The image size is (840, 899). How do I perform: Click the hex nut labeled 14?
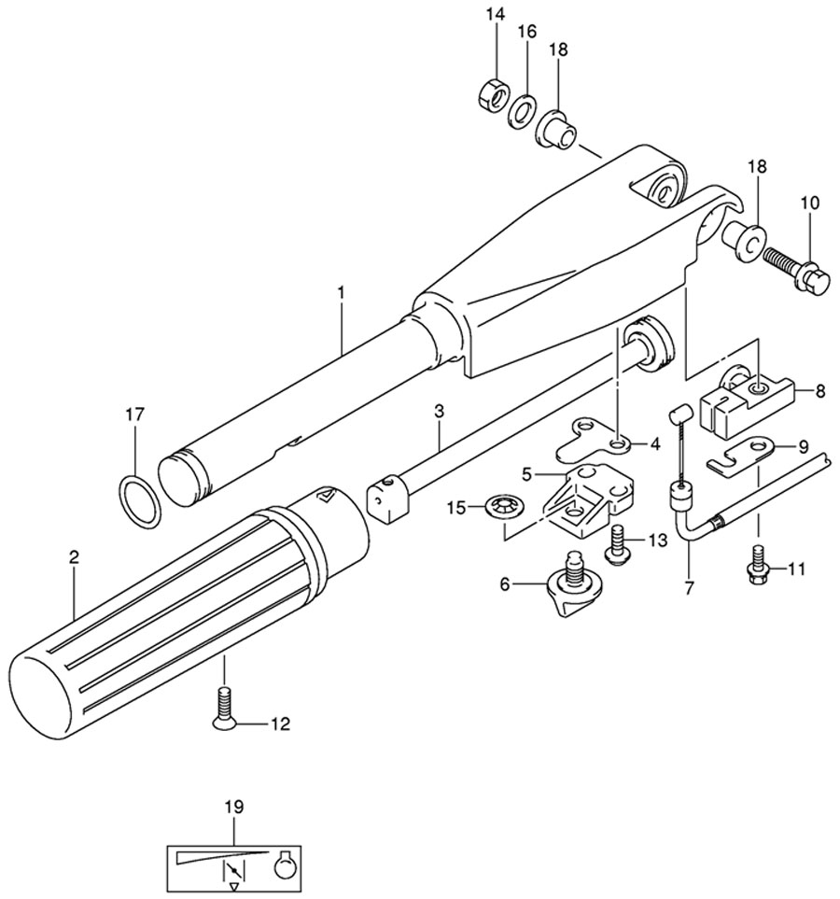click(493, 91)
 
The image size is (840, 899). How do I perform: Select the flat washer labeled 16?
click(521, 112)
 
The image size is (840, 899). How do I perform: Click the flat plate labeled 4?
click(593, 442)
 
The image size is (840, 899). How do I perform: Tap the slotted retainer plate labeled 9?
click(743, 455)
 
